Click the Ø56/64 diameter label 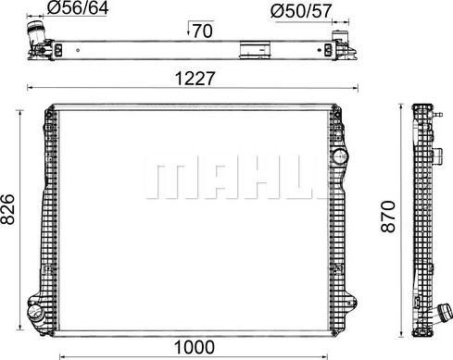click(80, 10)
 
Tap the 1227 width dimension click(195, 79)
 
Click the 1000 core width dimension click(194, 347)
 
